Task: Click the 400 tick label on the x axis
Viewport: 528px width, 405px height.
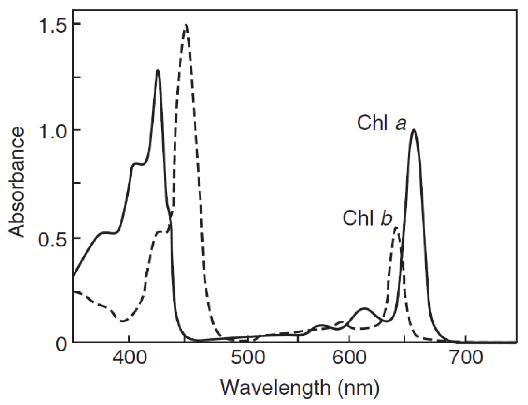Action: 129,358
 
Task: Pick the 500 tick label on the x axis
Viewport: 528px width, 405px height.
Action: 248,358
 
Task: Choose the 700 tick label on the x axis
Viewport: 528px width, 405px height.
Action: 466,358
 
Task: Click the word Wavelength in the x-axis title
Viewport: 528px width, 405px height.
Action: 275,388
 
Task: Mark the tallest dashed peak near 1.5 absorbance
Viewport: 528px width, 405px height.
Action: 186,25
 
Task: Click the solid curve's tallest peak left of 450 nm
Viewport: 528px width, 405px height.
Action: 158,71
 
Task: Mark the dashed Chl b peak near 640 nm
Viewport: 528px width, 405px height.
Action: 396,228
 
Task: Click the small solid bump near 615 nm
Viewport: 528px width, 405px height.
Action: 364,309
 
